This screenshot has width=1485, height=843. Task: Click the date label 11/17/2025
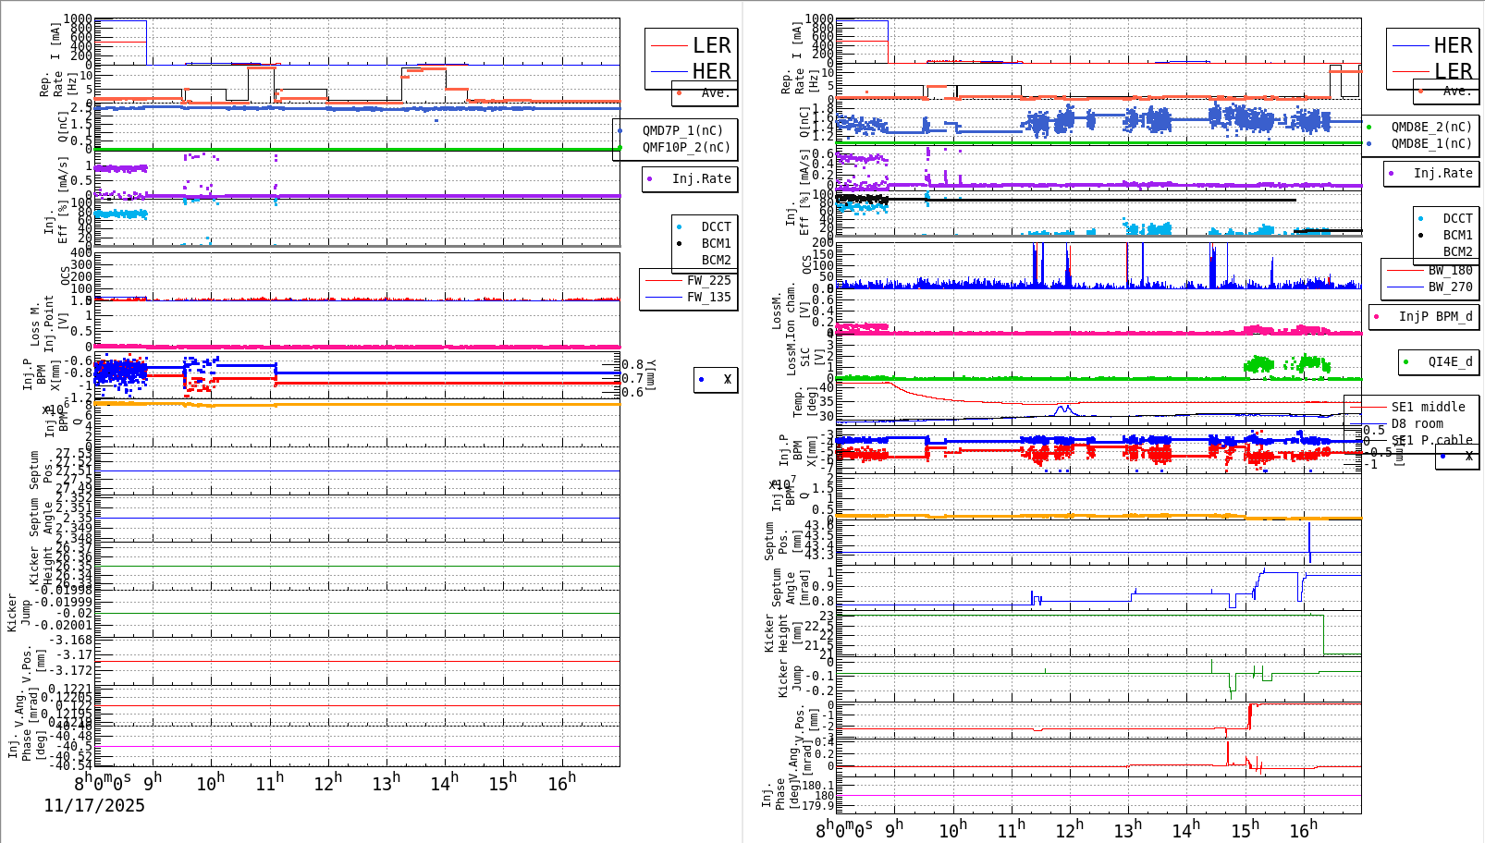pyautogui.click(x=94, y=806)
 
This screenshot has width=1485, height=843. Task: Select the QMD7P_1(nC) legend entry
pyautogui.click(x=682, y=130)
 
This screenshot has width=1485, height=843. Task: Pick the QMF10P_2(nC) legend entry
pyautogui.click(x=686, y=147)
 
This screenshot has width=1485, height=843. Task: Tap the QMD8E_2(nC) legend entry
pyautogui.click(x=1431, y=127)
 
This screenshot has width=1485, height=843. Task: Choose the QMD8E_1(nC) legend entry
pyautogui.click(x=1431, y=143)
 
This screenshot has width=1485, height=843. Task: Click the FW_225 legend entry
pyautogui.click(x=708, y=280)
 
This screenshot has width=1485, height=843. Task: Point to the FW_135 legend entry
pyautogui.click(x=708, y=297)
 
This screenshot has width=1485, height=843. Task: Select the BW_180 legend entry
pyautogui.click(x=1450, y=270)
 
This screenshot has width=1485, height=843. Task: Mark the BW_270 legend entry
pyautogui.click(x=1450, y=287)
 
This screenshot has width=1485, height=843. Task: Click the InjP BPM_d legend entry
pyautogui.click(x=1435, y=316)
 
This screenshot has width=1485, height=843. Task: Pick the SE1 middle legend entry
pyautogui.click(x=1428, y=407)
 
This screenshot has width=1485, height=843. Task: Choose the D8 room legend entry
pyautogui.click(x=1417, y=423)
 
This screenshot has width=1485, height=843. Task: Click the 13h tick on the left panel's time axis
pyautogui.click(x=387, y=783)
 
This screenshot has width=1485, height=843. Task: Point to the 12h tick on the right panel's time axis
pyautogui.click(x=1069, y=829)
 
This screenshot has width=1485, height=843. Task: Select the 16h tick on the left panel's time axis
pyautogui.click(x=561, y=783)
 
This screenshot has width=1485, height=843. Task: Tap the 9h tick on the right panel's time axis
pyautogui.click(x=893, y=829)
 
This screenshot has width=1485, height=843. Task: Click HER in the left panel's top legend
pyautogui.click(x=711, y=71)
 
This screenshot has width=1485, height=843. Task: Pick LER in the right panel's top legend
pyautogui.click(x=1453, y=71)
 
